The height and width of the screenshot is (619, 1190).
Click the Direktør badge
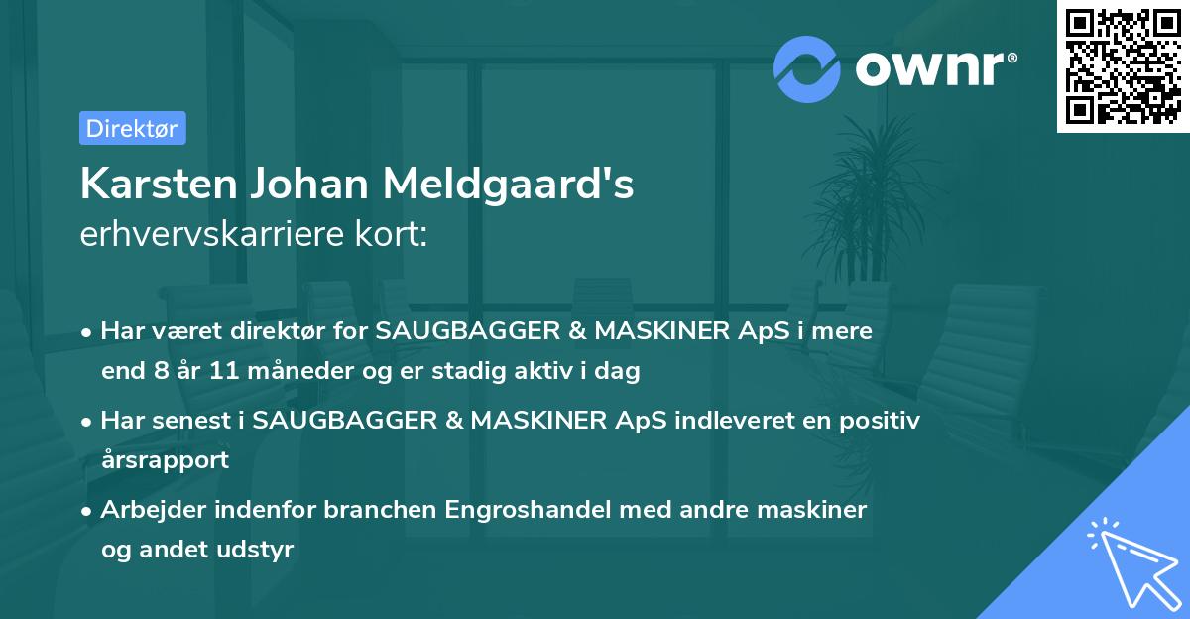pyautogui.click(x=132, y=128)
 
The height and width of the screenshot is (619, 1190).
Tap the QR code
pyautogui.click(x=1124, y=66)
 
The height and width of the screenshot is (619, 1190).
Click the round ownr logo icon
pyautogui.click(x=807, y=68)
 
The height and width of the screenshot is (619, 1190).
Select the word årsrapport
pyautogui.click(x=165, y=460)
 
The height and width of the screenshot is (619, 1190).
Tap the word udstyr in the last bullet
pyautogui.click(x=261, y=550)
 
